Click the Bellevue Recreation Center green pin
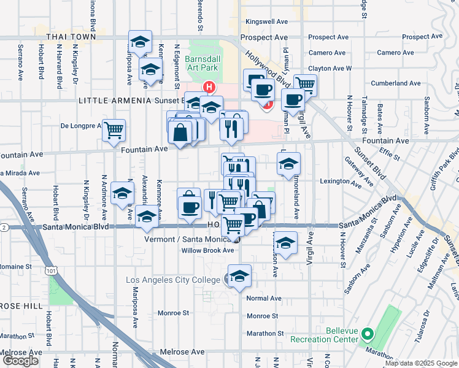click(368, 334)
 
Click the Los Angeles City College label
click(172, 280)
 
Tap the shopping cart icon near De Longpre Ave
click(114, 130)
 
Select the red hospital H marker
click(210, 87)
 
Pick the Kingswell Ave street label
click(266, 21)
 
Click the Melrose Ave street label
click(184, 352)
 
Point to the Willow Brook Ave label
click(207, 250)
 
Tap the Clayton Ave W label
click(330, 68)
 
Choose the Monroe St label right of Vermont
click(263, 316)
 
